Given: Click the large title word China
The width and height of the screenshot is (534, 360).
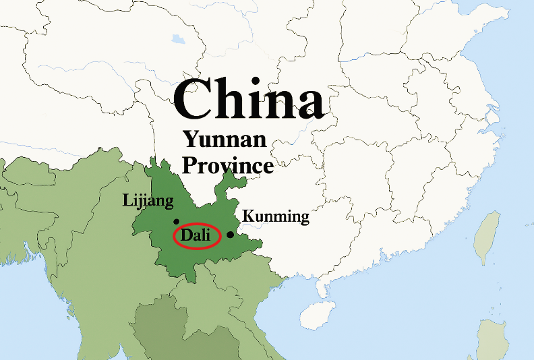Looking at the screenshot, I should pyautogui.click(x=248, y=100).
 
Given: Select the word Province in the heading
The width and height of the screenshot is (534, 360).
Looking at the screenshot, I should pyautogui.click(x=229, y=164).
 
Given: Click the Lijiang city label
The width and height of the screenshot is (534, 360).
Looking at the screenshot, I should pyautogui.click(x=148, y=201).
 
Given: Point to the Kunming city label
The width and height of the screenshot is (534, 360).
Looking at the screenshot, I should pyautogui.click(x=275, y=217).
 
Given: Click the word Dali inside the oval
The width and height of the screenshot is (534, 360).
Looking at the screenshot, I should pyautogui.click(x=196, y=236).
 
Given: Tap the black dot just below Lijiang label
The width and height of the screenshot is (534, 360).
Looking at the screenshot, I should pyautogui.click(x=176, y=221).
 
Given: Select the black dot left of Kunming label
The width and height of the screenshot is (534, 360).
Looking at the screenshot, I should pyautogui.click(x=230, y=235).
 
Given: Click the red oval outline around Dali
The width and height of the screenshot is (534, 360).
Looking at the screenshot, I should pyautogui.click(x=174, y=237).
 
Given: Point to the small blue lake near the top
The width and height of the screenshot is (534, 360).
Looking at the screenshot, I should pyautogui.click(x=178, y=38).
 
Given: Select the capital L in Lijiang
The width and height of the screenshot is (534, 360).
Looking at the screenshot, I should pyautogui.click(x=127, y=200).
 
